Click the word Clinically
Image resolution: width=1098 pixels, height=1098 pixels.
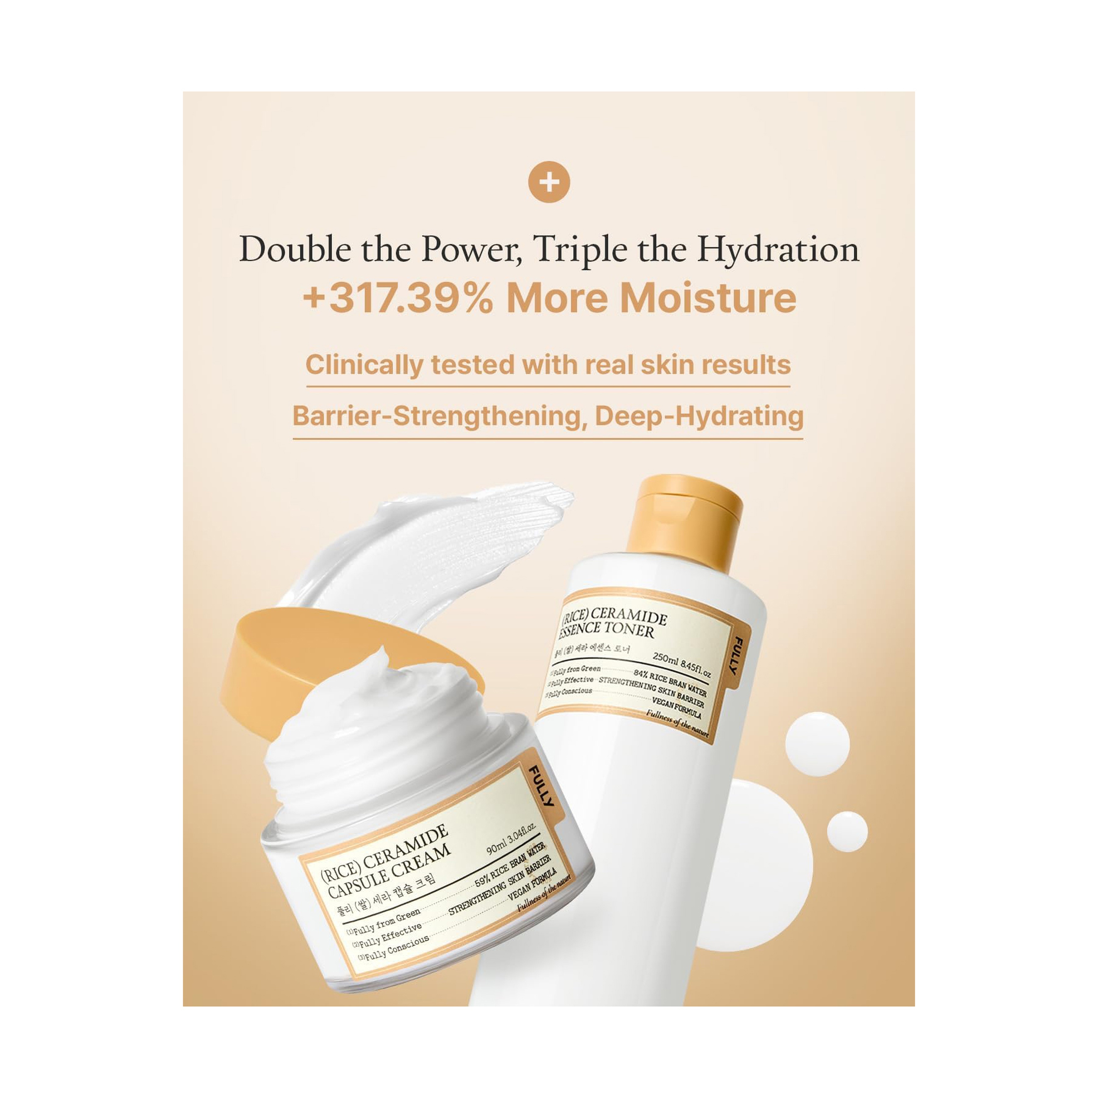pyautogui.click(x=364, y=365)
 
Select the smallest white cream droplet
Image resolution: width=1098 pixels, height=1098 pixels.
pyautogui.click(x=847, y=832)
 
